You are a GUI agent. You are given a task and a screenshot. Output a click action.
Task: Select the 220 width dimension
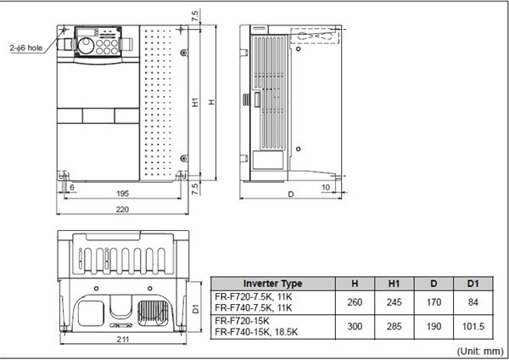124,208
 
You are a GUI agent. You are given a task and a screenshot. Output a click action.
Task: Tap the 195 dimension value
124,194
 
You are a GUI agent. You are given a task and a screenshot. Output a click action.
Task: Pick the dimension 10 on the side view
326,187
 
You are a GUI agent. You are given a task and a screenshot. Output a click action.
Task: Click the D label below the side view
291,194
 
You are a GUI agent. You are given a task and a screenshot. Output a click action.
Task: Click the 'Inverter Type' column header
272,284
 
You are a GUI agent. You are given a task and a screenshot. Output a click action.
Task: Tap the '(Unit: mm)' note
478,349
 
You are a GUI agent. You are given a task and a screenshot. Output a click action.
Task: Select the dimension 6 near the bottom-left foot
71,186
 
